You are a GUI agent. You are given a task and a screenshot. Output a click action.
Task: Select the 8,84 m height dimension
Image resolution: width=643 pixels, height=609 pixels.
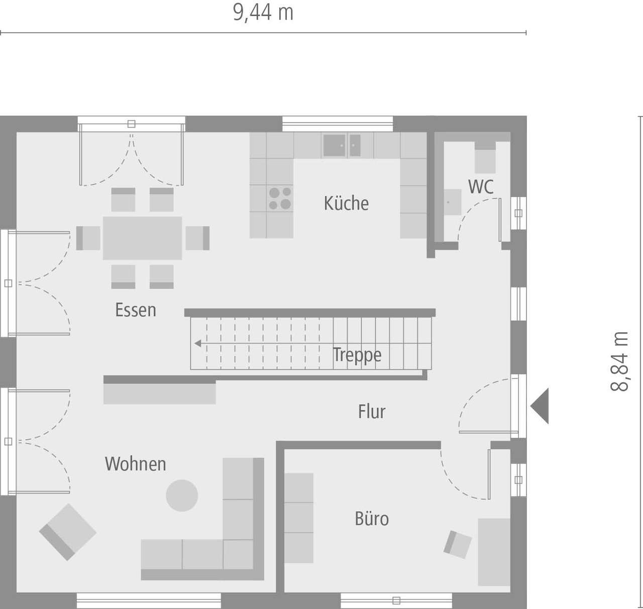pos(620,361)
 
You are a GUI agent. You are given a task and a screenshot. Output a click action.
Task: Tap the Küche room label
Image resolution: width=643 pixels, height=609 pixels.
pos(346,203)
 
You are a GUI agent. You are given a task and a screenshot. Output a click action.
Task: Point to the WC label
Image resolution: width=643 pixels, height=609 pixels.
pos(481,187)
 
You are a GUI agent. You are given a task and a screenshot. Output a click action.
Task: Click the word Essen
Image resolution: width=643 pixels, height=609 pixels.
pos(136,310)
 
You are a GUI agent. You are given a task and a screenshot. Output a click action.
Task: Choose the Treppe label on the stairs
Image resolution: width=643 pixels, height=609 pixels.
pos(357,354)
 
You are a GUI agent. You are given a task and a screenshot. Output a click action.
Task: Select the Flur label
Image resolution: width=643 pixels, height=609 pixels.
pos(372,412)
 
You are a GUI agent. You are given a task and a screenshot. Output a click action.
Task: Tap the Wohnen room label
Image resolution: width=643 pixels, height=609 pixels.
pos(135,464)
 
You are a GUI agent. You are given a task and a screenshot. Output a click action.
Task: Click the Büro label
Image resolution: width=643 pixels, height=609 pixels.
pos(372,519)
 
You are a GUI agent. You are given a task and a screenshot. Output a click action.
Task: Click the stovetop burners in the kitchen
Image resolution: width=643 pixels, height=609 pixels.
pos(280,198)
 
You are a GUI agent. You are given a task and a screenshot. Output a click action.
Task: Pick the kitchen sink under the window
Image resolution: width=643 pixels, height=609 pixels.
pos(342,146)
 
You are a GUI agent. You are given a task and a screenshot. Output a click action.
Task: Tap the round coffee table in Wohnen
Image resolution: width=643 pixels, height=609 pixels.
pos(182,496)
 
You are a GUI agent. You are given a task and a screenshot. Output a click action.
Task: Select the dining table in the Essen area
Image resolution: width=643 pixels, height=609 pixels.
pos(142,238)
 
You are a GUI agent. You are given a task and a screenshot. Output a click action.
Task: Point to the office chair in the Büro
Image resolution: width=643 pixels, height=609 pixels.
pos(458,544)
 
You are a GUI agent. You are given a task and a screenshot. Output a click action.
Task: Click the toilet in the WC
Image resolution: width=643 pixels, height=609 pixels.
pos(485,156)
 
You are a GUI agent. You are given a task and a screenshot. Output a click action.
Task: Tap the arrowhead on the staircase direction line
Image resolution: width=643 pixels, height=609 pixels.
pos(198,343)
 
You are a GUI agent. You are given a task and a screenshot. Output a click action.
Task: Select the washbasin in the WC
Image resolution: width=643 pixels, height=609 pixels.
pos(452,202)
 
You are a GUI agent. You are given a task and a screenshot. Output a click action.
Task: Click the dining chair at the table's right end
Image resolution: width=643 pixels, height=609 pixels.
pos(197,238)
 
